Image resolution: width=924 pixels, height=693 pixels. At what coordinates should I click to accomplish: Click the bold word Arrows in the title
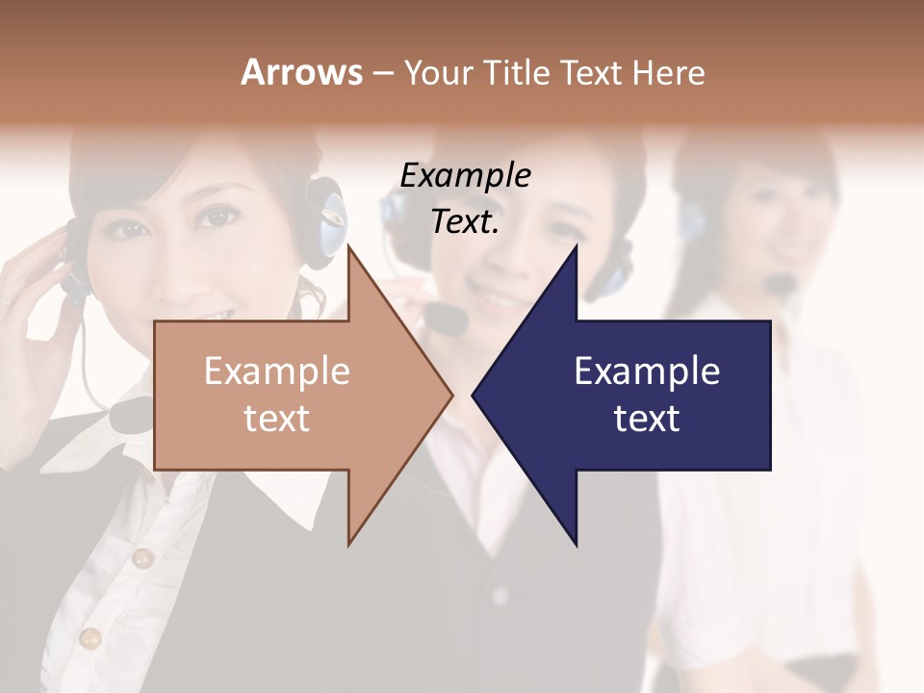coord(301,72)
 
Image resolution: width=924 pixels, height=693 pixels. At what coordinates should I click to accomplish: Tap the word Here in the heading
coord(668,73)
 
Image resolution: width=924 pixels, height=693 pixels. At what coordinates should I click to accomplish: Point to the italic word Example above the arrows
coord(465,175)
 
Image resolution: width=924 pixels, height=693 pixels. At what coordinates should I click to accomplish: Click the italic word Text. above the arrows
coord(465,221)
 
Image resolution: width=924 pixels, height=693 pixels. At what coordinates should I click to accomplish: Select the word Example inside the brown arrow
coord(276,372)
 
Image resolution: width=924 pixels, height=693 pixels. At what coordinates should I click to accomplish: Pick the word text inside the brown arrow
coord(276,418)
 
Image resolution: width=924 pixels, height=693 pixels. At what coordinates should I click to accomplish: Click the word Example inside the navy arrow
coord(647,372)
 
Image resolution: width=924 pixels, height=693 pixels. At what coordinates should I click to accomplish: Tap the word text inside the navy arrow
coord(647,418)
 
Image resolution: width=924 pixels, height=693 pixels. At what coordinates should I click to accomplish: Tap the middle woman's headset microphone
coord(445,318)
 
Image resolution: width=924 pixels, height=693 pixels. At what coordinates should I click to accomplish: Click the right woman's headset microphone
coord(782,283)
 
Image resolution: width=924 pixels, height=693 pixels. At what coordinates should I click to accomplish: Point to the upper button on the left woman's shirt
coord(142,557)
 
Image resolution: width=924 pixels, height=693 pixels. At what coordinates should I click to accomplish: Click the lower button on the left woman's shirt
coord(90,637)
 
